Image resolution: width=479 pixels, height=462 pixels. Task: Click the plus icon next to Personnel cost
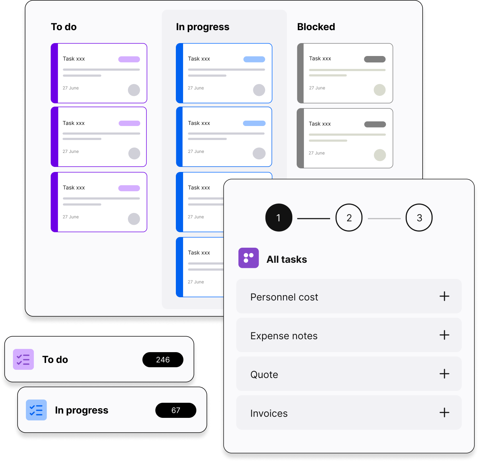pos(444,296)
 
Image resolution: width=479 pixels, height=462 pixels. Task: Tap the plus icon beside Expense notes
pos(444,335)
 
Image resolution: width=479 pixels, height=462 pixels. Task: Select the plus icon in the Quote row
pos(444,374)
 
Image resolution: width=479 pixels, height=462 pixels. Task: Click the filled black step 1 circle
pos(279,218)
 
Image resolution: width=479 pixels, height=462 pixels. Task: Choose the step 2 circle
pos(349,218)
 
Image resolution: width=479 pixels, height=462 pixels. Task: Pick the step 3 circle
pos(419,218)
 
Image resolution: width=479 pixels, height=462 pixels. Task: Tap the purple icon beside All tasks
pos(248,258)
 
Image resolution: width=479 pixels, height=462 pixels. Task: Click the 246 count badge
pos(163,360)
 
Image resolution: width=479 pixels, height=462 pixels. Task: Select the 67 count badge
pos(176,410)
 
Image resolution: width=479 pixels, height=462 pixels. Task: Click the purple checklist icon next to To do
pos(23,359)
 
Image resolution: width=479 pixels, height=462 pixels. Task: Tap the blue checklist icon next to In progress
pos(36,410)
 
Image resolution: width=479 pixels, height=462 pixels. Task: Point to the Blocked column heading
pos(316,27)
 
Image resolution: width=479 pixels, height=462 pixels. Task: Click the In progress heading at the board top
pos(202,27)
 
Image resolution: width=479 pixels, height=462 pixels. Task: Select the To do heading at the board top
pos(64,27)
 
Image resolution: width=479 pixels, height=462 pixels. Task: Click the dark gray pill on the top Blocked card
pos(375,59)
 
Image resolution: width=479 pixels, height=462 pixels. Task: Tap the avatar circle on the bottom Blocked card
pos(380,155)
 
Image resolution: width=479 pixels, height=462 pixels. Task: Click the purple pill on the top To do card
pos(129,59)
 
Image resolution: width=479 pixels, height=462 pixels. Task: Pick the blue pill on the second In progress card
pos(254,123)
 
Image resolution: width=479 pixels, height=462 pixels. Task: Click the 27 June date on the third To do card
pos(70,217)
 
